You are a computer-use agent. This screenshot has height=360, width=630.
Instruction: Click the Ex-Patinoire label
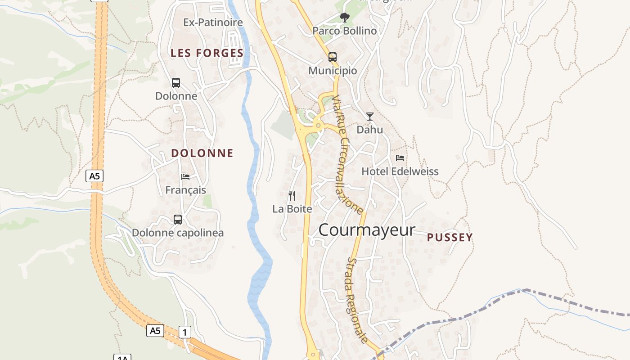click(213, 22)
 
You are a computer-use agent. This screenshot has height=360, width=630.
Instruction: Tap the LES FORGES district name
click(207, 53)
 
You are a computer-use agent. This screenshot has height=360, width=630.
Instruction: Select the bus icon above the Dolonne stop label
click(176, 83)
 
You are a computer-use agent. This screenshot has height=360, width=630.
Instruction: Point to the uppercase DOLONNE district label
click(202, 153)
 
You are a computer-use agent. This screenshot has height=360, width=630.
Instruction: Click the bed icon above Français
click(185, 176)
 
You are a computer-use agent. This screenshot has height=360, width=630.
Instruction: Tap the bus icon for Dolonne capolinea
click(178, 220)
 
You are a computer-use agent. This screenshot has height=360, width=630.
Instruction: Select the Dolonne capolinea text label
click(178, 233)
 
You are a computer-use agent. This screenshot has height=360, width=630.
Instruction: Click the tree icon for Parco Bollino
click(345, 18)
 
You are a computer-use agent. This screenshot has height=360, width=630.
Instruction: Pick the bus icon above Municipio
click(333, 57)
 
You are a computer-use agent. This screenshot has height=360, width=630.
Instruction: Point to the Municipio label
click(333, 71)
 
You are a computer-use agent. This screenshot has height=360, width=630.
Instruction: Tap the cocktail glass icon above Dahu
click(370, 117)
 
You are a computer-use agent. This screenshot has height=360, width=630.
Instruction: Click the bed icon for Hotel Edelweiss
click(400, 158)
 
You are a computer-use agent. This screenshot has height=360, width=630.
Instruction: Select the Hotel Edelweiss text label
click(400, 171)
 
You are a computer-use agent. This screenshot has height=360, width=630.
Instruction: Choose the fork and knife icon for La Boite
click(292, 195)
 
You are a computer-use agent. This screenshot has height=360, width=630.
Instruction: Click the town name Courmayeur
click(367, 230)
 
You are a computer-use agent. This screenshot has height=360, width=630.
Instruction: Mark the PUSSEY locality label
click(450, 238)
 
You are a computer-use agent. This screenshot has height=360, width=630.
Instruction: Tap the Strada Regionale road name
click(358, 300)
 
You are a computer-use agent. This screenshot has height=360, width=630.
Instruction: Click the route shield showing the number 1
click(185, 333)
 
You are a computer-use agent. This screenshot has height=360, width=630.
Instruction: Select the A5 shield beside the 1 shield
click(155, 331)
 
